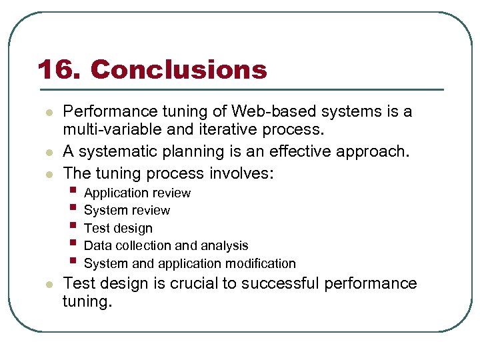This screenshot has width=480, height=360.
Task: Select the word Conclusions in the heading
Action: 179,69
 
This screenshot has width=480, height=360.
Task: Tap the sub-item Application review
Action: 137,193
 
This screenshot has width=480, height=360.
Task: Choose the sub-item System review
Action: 127,211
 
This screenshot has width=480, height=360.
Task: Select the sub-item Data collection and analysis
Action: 166,246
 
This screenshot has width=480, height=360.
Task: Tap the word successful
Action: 280,283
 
